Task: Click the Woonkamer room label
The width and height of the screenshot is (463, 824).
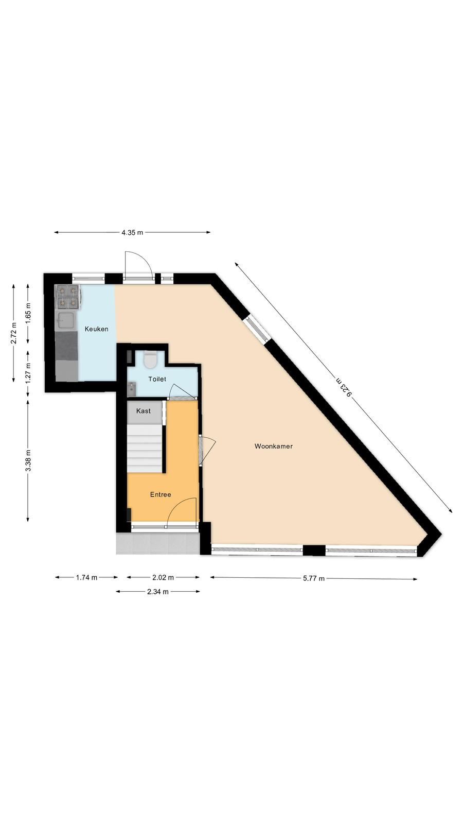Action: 273,446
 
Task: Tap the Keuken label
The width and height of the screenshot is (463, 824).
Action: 96,329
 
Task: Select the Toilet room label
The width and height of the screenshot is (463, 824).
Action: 157,379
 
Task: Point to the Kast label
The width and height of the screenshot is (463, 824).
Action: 144,411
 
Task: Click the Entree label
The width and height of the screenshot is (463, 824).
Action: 161,495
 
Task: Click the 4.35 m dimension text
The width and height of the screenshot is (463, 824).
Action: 132,232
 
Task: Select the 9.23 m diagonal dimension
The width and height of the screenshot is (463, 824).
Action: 344,387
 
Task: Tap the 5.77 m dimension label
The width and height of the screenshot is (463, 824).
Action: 314,578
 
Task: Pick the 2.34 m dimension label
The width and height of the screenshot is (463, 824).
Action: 157,592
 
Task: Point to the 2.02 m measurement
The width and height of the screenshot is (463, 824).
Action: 163,577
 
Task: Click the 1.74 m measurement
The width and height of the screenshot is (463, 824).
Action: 87,577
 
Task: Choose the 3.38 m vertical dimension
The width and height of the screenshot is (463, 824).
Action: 28,460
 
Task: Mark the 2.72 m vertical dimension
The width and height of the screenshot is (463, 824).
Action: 13,333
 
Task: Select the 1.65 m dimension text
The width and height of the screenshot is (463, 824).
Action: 28,313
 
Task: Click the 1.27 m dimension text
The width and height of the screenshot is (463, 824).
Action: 28,373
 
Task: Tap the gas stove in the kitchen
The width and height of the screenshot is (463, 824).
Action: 68,297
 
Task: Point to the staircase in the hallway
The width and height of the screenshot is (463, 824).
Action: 145,448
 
